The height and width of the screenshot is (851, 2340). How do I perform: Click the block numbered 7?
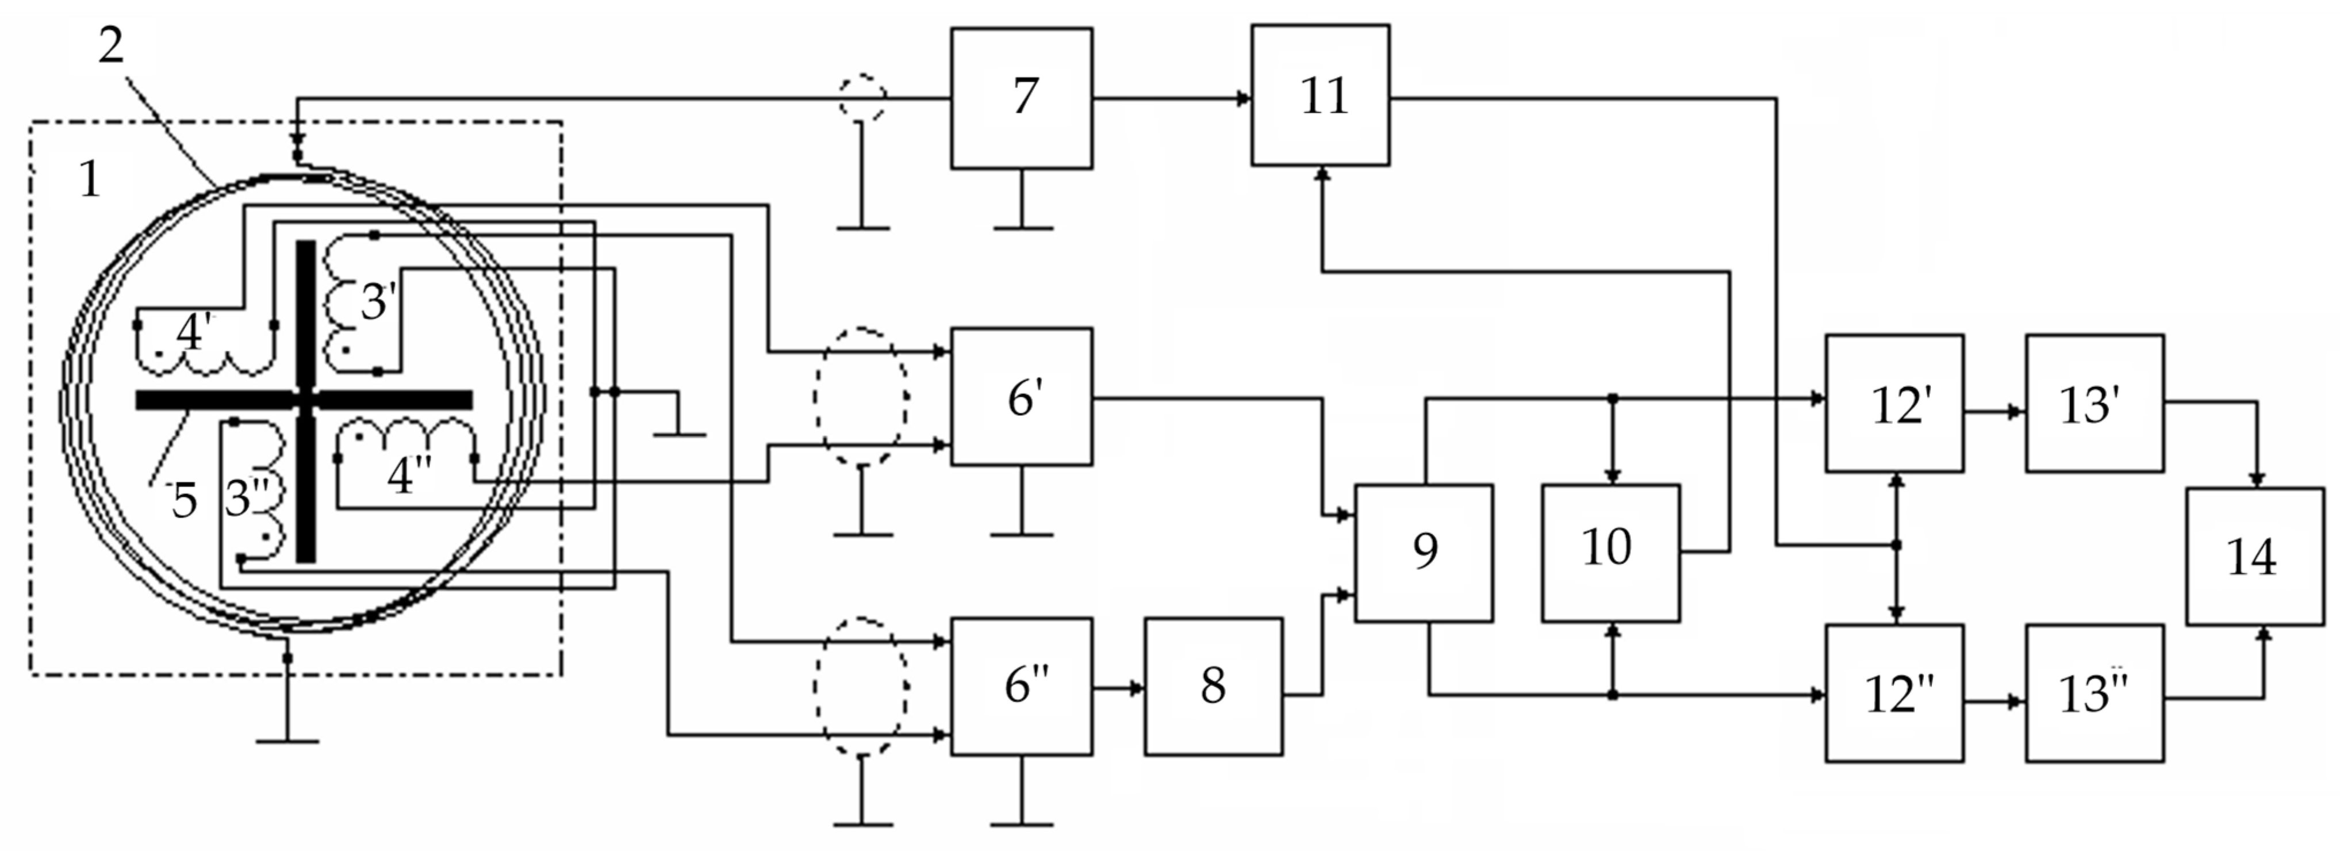click(x=1021, y=98)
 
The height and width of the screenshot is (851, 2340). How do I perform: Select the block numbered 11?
click(x=1320, y=95)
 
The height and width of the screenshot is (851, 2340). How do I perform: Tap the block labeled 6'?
click(x=1021, y=397)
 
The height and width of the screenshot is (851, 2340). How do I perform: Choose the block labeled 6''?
click(x=1021, y=686)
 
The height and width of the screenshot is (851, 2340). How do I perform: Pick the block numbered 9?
click(x=1424, y=552)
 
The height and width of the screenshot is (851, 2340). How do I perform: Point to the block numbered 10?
click(x=1610, y=552)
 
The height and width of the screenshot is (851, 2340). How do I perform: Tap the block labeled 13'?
click(x=2094, y=403)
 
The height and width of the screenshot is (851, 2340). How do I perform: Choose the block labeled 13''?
click(x=2094, y=693)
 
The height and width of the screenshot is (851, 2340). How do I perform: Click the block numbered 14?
click(x=2254, y=556)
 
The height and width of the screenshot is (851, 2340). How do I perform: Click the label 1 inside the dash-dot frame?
click(x=89, y=178)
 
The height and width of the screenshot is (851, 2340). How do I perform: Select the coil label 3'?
click(x=379, y=301)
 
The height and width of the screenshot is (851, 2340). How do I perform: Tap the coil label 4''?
click(x=409, y=475)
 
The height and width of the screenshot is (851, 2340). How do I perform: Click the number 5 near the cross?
click(x=185, y=500)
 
